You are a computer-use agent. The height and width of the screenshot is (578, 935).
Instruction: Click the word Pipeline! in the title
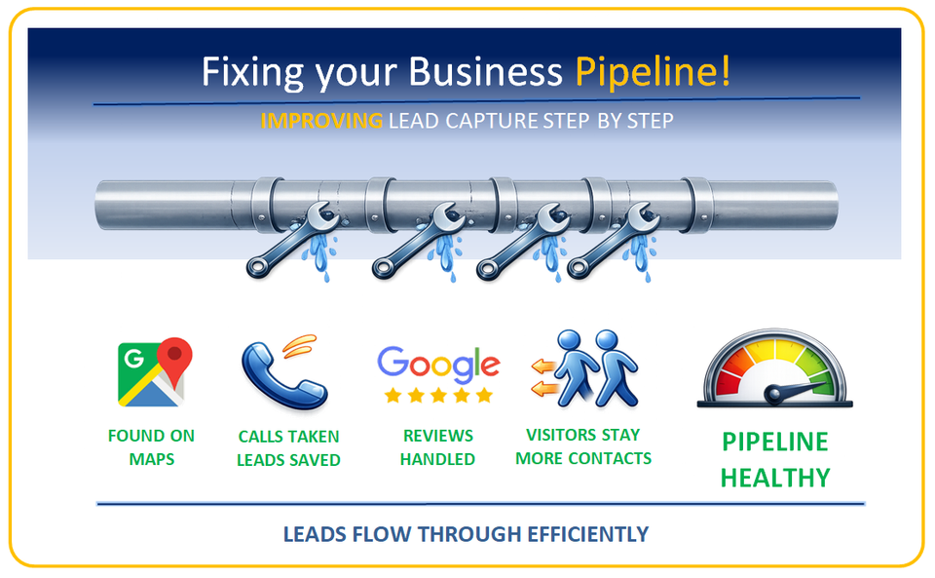coord(653,72)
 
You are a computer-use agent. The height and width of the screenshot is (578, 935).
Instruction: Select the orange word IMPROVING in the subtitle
coord(321,122)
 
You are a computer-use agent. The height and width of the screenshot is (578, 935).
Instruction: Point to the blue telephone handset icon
coord(282,376)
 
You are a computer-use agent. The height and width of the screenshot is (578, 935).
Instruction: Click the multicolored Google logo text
coord(438,365)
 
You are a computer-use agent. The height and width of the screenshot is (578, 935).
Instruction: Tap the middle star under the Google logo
coord(438,396)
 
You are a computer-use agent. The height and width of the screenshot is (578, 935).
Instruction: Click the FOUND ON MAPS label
coord(151,447)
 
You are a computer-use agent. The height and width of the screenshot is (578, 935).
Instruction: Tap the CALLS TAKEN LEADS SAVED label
coord(288,448)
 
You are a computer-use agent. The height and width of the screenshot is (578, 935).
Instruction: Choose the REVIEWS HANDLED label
coord(438,447)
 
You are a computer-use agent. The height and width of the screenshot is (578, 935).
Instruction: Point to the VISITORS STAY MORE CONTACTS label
coord(583,446)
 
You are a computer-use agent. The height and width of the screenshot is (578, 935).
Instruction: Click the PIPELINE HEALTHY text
coord(775,459)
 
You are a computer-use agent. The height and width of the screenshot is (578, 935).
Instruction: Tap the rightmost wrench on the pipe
coord(610,239)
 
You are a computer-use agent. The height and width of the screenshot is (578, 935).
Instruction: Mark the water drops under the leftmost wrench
coord(322,255)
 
